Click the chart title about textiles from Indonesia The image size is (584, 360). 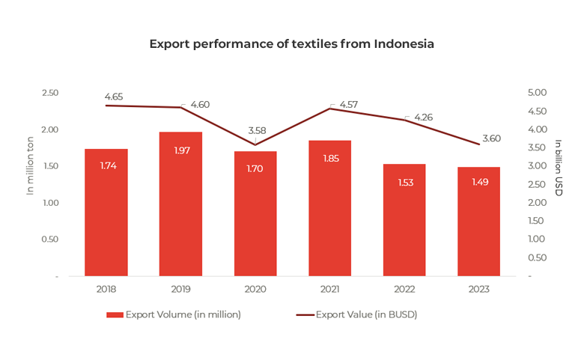click(291, 43)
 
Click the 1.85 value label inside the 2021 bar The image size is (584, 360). click(330, 159)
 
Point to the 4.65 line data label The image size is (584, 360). click(115, 97)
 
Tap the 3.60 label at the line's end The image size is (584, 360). click(492, 138)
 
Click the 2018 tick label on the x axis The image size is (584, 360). click(106, 289)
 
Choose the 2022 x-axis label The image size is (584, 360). click(405, 289)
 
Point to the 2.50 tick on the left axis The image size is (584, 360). click(49, 92)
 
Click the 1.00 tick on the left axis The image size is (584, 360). click(49, 203)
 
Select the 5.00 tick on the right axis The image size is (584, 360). click(538, 92)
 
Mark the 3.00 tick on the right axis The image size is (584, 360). click(538, 165)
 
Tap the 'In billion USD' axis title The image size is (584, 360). click(559, 168)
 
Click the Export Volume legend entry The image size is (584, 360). click(174, 314)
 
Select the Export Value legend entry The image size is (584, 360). click(356, 314)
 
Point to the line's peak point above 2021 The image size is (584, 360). click(330, 109)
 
